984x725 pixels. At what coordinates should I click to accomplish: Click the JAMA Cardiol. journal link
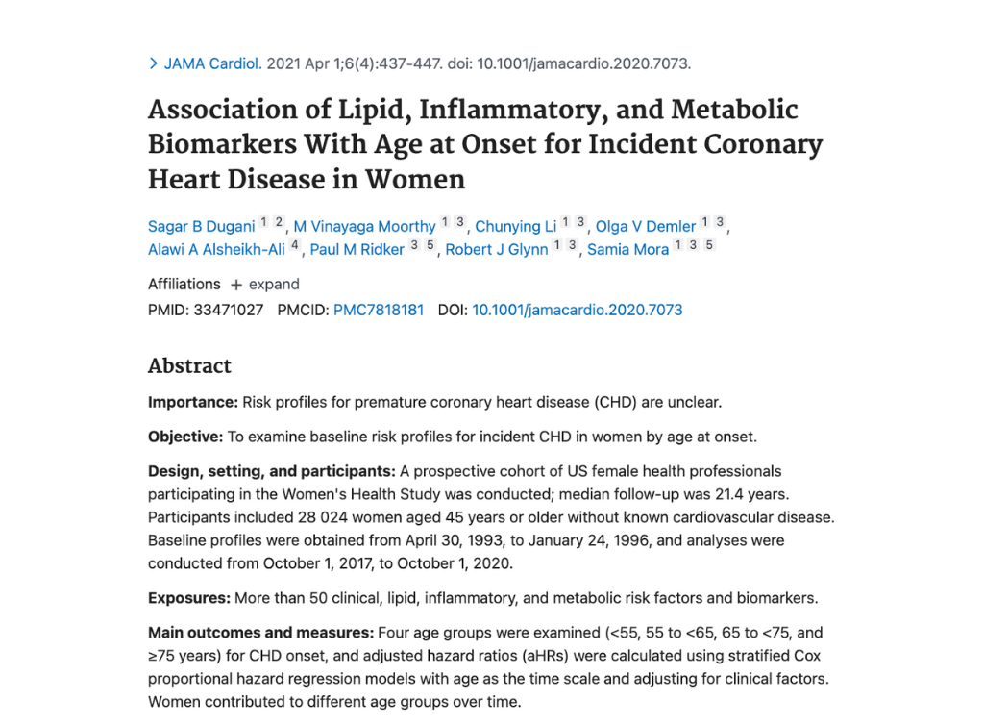click(x=212, y=64)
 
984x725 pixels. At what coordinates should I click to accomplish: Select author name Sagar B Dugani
click(x=201, y=227)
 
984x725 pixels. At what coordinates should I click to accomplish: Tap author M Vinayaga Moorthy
click(x=364, y=227)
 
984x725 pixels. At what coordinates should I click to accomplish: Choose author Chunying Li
click(x=516, y=227)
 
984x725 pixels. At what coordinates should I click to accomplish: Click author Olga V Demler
click(x=646, y=227)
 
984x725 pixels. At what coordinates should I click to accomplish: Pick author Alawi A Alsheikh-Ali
click(x=216, y=250)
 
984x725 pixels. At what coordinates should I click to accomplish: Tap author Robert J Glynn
click(x=497, y=250)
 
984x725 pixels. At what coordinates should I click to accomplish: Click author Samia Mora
click(x=627, y=250)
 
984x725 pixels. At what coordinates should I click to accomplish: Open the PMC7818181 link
click(x=379, y=311)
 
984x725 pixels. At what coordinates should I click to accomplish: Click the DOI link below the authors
click(x=577, y=311)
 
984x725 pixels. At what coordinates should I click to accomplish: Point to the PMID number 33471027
click(x=228, y=311)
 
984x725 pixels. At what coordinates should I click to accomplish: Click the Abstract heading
click(x=189, y=366)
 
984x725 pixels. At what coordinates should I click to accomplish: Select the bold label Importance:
click(x=192, y=402)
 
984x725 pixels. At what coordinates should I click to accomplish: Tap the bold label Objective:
click(x=185, y=437)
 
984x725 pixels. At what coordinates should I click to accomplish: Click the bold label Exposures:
click(x=189, y=598)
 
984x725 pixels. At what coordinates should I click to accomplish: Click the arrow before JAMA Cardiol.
click(x=153, y=64)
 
